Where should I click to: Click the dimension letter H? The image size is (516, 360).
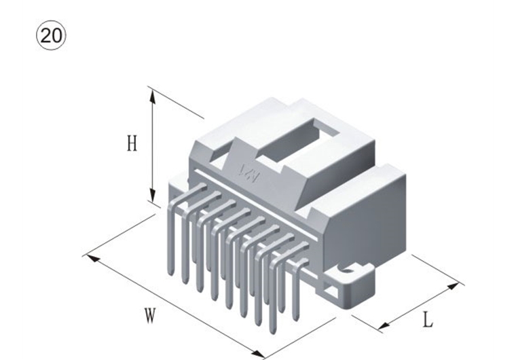pos(132,143)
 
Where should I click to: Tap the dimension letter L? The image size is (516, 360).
pos(427,319)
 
